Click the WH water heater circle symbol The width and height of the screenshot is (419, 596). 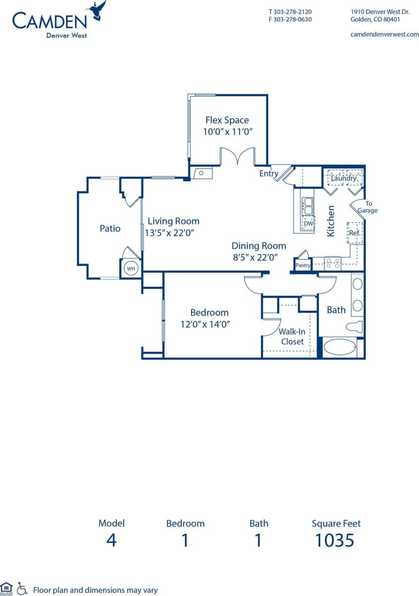tap(131, 269)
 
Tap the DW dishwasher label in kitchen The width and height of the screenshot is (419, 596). tap(308, 224)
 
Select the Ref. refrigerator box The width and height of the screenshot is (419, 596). tap(355, 233)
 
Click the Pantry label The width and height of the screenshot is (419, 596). tap(303, 265)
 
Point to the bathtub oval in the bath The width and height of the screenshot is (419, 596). tap(339, 348)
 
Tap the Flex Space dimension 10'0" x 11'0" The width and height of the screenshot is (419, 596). tap(227, 132)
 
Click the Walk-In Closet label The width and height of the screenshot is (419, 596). tap(292, 336)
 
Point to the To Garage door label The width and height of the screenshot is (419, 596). tap(368, 207)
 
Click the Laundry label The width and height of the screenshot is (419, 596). tap(343, 178)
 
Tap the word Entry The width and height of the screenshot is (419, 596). tap(268, 174)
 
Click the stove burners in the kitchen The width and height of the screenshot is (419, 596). tap(333, 263)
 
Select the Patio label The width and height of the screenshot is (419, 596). tap(110, 228)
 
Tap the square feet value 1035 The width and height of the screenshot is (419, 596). tap(335, 540)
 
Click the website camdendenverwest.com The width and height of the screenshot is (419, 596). tap(384, 34)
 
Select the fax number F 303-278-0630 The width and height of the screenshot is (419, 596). tap(290, 20)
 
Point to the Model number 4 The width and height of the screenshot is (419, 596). tap(111, 540)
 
